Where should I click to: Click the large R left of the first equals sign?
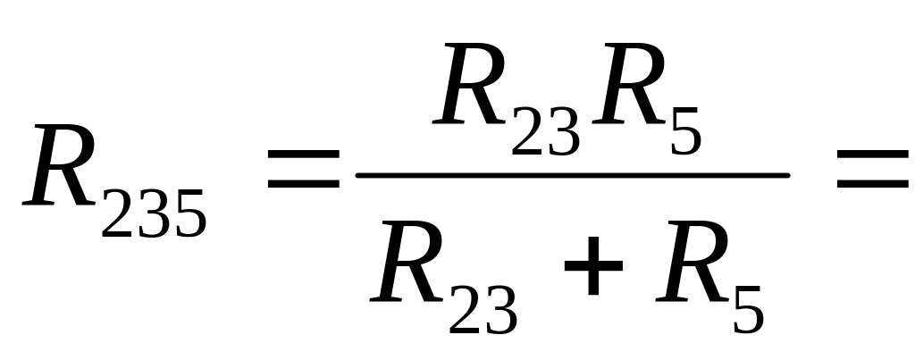tap(61, 167)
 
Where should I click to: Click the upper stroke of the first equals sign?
tap(304, 156)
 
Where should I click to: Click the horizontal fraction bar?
tap(572, 174)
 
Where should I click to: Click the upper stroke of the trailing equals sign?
tap(872, 156)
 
